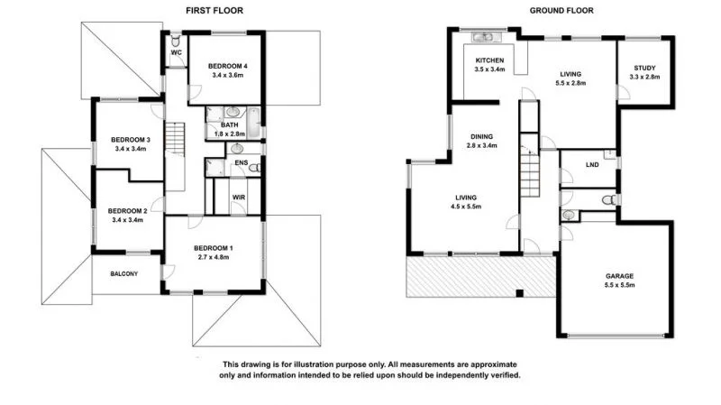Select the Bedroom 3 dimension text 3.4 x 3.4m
pyautogui.click(x=129, y=149)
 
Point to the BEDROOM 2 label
pyautogui.click(x=129, y=208)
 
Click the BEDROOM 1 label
pyautogui.click(x=213, y=248)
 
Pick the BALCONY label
pyautogui.click(x=124, y=273)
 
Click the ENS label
pyautogui.click(x=241, y=162)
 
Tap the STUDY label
pyautogui.click(x=644, y=68)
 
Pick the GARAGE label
pyautogui.click(x=619, y=277)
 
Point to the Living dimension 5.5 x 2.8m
pyautogui.click(x=572, y=84)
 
